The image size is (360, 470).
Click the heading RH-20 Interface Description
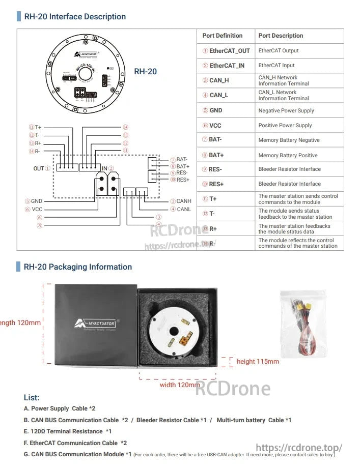coord(75,17)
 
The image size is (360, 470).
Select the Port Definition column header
coord(222,36)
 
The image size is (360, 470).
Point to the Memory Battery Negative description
coord(289,140)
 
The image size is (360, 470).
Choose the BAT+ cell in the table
coord(216,155)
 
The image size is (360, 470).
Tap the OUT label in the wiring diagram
coord(39,168)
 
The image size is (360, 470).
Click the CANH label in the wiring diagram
coord(184,201)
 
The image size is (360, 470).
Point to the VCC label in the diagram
coord(37,209)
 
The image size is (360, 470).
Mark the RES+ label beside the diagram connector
coord(183,180)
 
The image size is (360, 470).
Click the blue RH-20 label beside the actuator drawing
coord(145,72)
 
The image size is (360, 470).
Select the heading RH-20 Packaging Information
coord(77,267)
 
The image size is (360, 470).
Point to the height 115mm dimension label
coord(258,362)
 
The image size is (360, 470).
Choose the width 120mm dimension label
coord(180,385)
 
